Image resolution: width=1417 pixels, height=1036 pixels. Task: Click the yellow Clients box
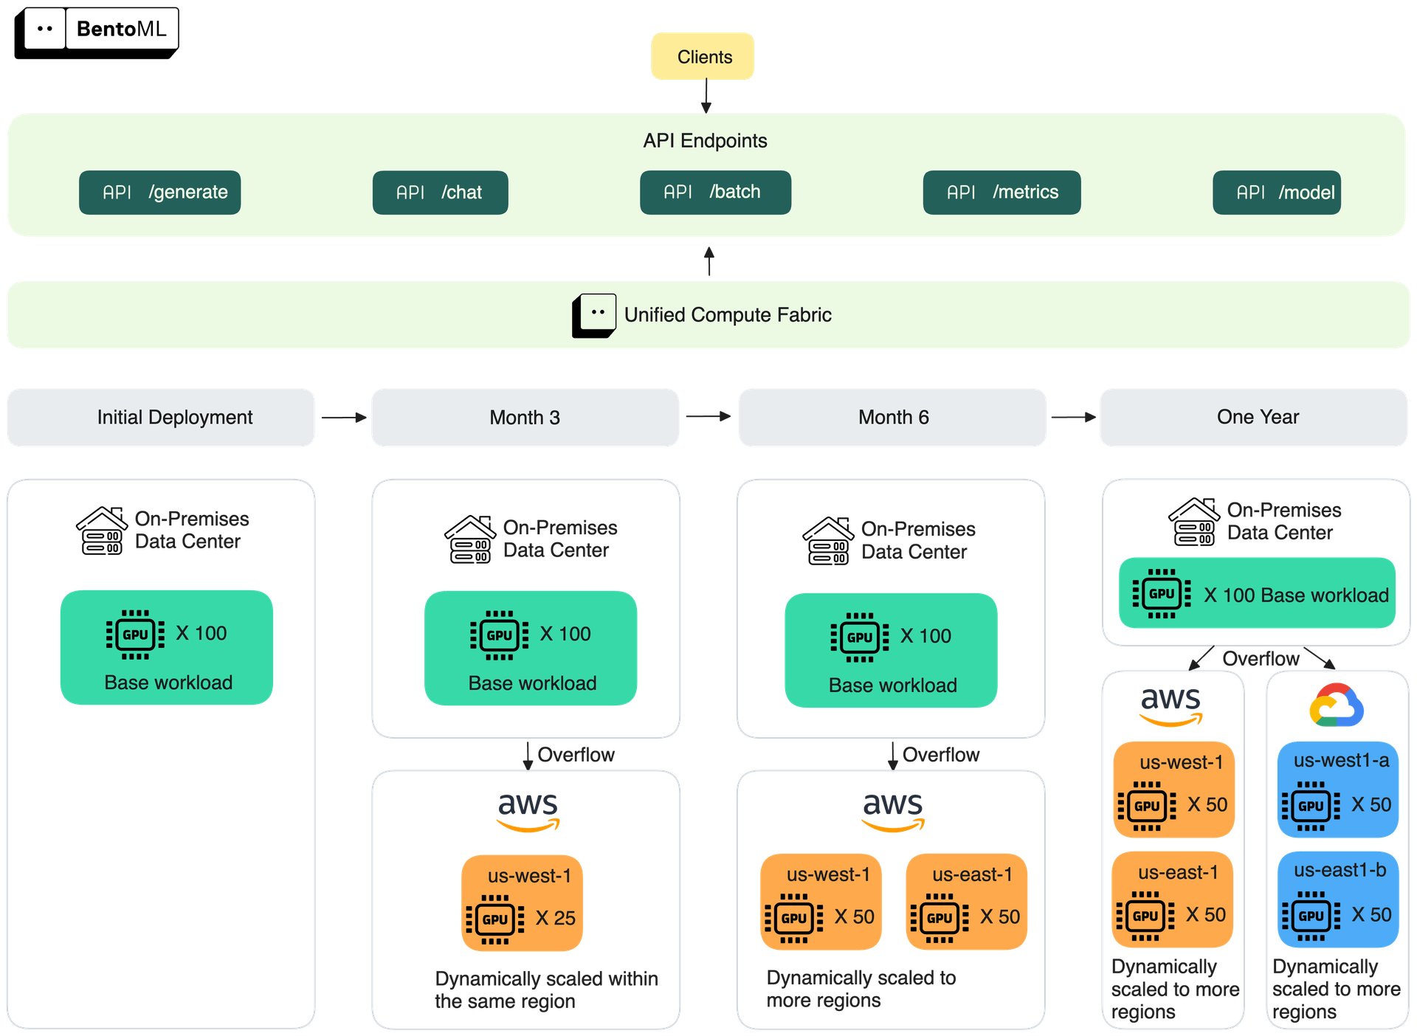[x=703, y=56]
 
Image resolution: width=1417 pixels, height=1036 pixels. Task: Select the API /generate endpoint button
[x=160, y=193]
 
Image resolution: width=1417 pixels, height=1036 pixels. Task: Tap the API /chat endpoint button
[x=440, y=193]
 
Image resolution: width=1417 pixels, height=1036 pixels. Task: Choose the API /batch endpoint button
[x=715, y=193]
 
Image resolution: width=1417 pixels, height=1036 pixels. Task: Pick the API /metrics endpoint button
[x=1001, y=193]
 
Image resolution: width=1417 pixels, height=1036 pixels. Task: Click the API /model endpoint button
[x=1277, y=193]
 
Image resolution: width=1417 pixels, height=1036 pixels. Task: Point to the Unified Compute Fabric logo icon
[x=594, y=316]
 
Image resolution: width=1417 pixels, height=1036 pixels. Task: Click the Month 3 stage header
[x=525, y=418]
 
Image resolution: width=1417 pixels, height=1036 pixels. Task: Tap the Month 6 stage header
[x=892, y=418]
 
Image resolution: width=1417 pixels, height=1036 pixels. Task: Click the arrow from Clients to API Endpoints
[x=706, y=95]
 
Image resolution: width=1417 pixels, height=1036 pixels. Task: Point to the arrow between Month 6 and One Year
[x=1072, y=418]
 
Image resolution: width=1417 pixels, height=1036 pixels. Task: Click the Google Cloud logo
[x=1337, y=705]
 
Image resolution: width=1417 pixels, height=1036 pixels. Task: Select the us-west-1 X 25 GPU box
[x=523, y=902]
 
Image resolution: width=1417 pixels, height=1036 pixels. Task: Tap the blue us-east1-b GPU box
[x=1338, y=899]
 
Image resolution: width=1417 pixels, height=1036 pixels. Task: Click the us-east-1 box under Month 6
[x=967, y=901]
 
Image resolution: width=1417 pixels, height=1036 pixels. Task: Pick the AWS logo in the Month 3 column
[x=528, y=811]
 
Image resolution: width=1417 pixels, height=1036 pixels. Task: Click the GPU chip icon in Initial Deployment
[x=135, y=634]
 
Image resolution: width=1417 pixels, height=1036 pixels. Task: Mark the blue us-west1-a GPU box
[x=1338, y=789]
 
